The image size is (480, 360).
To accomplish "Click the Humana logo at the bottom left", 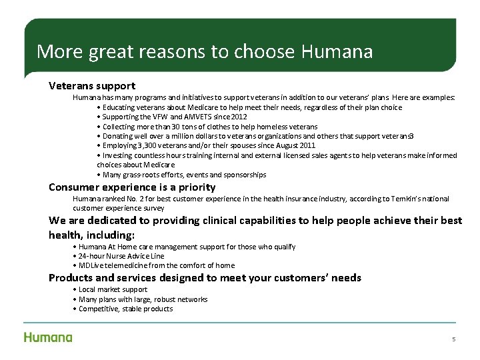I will (x=48, y=337).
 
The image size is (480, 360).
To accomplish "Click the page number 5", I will (x=453, y=339).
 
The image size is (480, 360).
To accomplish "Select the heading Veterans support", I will (x=92, y=86).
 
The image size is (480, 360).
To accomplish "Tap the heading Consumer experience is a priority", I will (x=132, y=187).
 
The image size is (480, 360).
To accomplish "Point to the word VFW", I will (x=157, y=117).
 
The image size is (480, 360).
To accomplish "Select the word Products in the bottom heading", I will (x=70, y=278).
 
